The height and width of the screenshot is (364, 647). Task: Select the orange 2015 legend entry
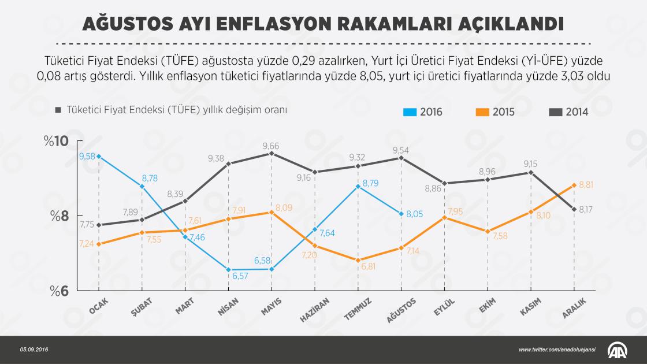click(x=495, y=112)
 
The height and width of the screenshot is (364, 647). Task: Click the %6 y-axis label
click(x=58, y=291)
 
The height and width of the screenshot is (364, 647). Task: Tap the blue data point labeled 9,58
click(x=99, y=156)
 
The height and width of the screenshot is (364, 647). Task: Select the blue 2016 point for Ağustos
click(x=401, y=214)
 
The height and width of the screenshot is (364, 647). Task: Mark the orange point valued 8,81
click(x=574, y=185)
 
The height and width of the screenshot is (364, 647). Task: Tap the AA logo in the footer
click(x=619, y=350)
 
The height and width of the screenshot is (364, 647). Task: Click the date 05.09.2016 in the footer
click(x=34, y=350)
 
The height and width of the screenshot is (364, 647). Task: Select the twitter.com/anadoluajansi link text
click(x=555, y=350)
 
